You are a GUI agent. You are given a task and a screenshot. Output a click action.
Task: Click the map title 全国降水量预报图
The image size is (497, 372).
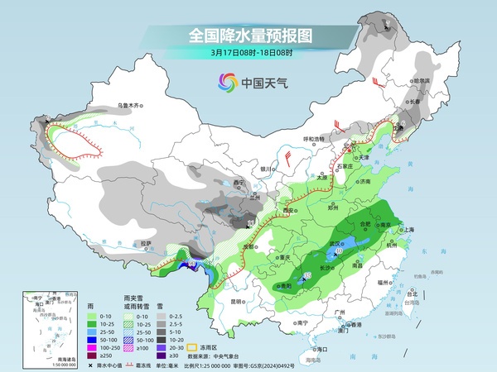point(248,36)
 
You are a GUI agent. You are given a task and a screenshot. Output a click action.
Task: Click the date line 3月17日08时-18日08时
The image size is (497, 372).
point(248,54)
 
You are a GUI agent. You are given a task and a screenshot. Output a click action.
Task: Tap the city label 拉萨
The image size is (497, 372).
point(146,243)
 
